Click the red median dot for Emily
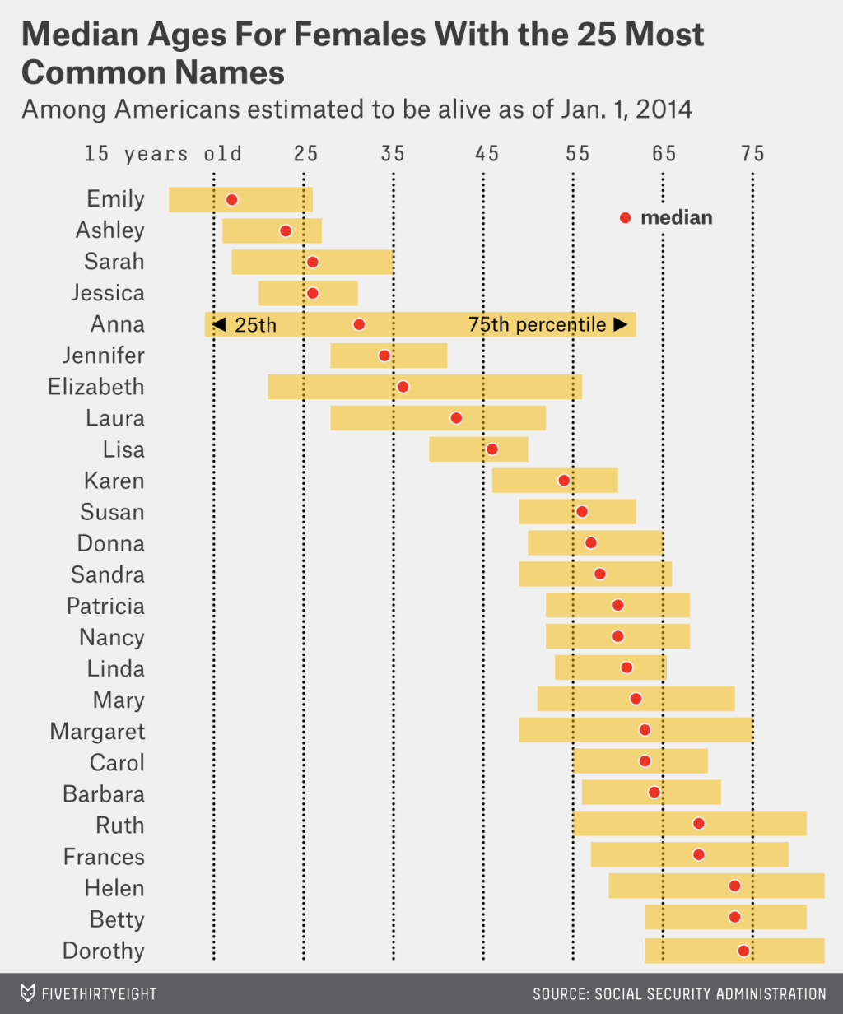coord(231,199)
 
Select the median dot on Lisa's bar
coord(491,449)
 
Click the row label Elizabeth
coord(95,387)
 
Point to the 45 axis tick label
coord(487,154)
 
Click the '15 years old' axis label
coord(163,154)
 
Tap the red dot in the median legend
coord(625,218)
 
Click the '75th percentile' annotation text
coord(537,324)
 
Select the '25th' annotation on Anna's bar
coord(255,324)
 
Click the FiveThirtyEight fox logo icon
coord(27,993)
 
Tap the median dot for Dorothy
coord(743,951)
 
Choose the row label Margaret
coord(97,731)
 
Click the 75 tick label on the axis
coord(752,154)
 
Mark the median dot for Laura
coord(456,418)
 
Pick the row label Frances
coord(104,857)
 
